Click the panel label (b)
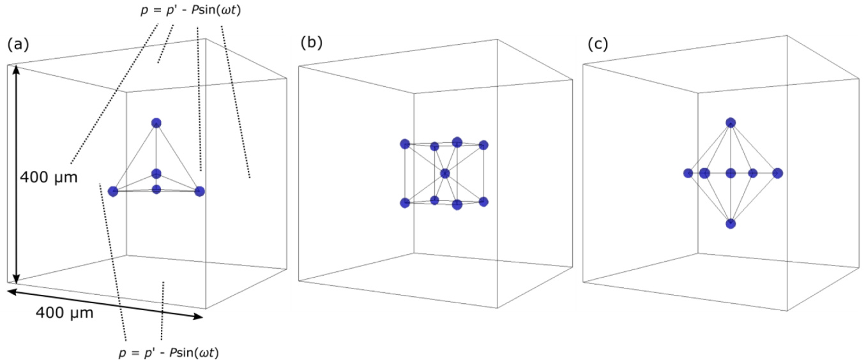(312, 43)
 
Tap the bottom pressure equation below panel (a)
(177, 351)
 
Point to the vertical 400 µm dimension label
(49, 177)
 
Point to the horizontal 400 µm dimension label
(65, 313)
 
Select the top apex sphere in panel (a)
(156, 123)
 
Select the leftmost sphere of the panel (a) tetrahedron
(114, 191)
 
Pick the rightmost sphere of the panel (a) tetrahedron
(199, 191)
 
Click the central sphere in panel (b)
(445, 173)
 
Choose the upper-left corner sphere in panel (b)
(405, 144)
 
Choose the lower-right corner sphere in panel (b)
(483, 202)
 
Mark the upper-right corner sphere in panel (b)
(483, 145)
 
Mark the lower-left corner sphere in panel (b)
(405, 202)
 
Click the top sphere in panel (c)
(731, 122)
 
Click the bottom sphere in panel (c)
(731, 223)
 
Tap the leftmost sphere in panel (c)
(688, 173)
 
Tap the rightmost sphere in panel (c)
(777, 173)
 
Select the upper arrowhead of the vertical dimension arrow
(17, 69)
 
